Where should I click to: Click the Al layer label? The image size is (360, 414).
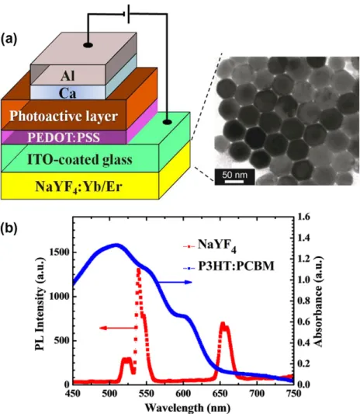(67, 76)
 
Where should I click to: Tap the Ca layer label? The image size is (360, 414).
(67, 93)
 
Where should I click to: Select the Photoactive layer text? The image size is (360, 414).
(64, 117)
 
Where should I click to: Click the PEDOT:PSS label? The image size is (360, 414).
(64, 137)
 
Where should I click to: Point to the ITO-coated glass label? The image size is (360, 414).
(80, 160)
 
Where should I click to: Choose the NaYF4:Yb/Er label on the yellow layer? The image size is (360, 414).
(78, 186)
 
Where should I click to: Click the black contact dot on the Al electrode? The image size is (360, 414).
(88, 45)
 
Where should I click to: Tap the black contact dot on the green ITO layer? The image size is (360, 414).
(168, 122)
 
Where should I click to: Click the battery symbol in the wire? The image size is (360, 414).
(126, 14)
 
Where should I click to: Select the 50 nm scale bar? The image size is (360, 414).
(235, 177)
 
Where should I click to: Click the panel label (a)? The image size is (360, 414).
(9, 39)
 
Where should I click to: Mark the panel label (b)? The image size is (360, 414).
(9, 228)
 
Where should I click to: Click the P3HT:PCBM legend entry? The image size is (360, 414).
(229, 266)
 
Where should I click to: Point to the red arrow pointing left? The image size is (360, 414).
(119, 328)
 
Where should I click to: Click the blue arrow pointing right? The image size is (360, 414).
(175, 282)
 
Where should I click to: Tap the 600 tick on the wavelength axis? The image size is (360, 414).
(183, 394)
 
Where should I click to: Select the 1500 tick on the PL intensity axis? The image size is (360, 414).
(60, 252)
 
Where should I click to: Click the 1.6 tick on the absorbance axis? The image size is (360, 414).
(304, 217)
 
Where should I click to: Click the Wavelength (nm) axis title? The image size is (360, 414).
(188, 408)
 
